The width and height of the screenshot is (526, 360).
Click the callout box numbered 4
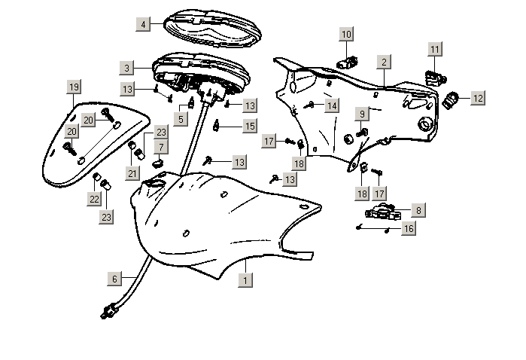pyautogui.click(x=143, y=25)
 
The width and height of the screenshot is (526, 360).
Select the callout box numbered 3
pyautogui.click(x=127, y=68)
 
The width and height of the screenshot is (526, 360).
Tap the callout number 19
pyautogui.click(x=72, y=87)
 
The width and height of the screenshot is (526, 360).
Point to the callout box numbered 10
pyautogui.click(x=346, y=35)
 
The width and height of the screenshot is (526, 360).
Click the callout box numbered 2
pyautogui.click(x=384, y=62)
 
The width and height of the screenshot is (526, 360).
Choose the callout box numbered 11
pyautogui.click(x=435, y=50)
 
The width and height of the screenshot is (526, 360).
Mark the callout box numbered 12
pyautogui.click(x=478, y=97)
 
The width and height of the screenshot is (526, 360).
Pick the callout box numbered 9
pyautogui.click(x=361, y=114)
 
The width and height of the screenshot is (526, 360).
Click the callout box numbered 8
pyautogui.click(x=418, y=211)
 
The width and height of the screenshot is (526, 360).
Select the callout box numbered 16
pyautogui.click(x=408, y=227)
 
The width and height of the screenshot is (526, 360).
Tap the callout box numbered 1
pyautogui.click(x=245, y=279)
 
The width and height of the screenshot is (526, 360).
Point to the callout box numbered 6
pyautogui.click(x=115, y=279)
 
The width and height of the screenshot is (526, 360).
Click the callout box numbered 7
pyautogui.click(x=161, y=145)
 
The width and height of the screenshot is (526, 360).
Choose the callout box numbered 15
pyautogui.click(x=250, y=126)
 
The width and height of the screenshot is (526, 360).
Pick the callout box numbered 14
pyautogui.click(x=332, y=106)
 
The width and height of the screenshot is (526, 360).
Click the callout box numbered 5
pyautogui.click(x=181, y=118)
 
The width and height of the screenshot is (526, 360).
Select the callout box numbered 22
pyautogui.click(x=94, y=200)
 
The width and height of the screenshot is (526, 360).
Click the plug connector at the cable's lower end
pyautogui.click(x=110, y=309)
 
